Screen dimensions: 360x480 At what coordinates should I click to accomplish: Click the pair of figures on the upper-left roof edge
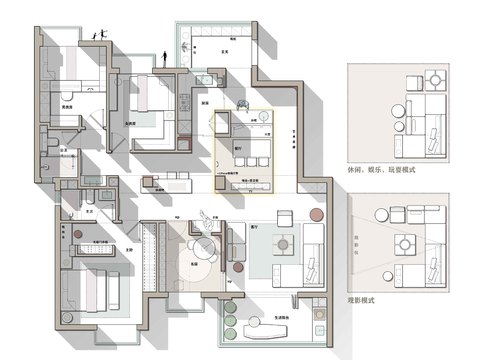(x=97, y=35)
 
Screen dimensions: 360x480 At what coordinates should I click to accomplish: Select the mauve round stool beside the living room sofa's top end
(x=317, y=213)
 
